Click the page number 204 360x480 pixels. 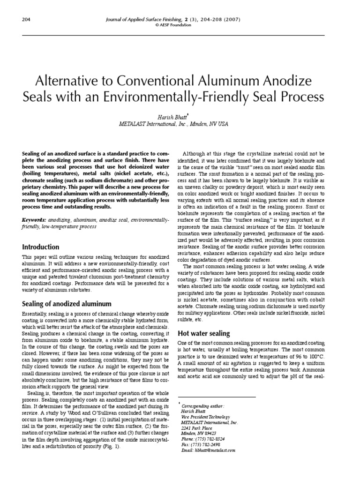(x=26, y=19)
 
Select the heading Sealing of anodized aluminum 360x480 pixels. (x=67, y=303)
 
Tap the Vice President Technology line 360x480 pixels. (x=205, y=416)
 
